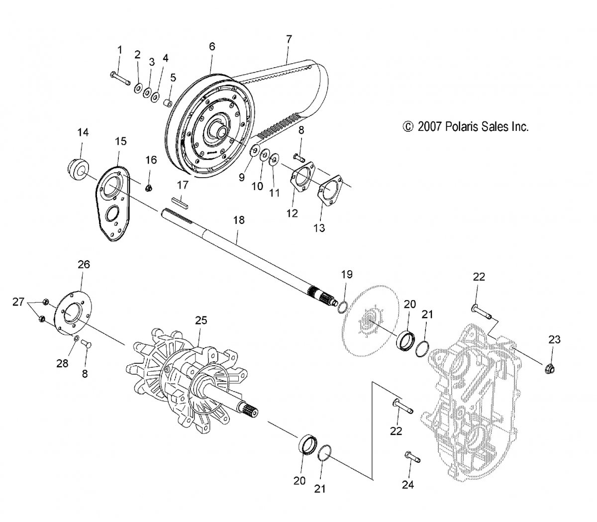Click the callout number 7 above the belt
[x=289, y=38]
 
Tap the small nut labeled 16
[x=149, y=188]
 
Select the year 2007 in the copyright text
[x=428, y=126]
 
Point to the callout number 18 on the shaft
[x=239, y=220]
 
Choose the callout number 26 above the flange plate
[x=83, y=264]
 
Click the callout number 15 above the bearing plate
[x=121, y=141]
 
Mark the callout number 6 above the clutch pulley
[x=212, y=46]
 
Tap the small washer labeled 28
[x=76, y=339]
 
